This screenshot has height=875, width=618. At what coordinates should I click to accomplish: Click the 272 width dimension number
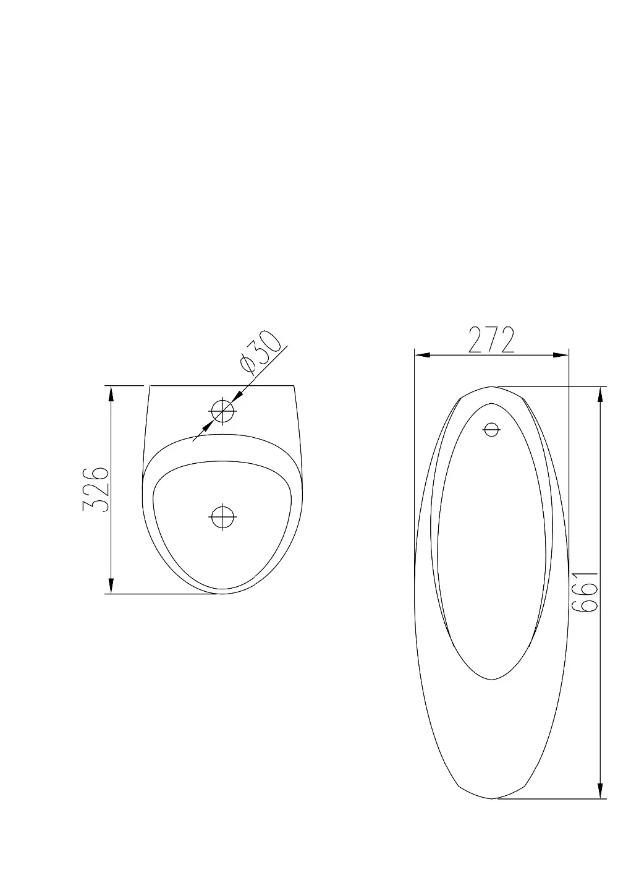tap(491, 340)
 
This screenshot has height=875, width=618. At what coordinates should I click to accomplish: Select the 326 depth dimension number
tap(95, 490)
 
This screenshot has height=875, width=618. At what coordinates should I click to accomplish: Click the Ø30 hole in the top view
tap(222, 411)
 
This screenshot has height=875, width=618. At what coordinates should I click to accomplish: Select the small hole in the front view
tap(491, 429)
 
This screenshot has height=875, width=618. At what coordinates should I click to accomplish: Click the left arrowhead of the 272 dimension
tap(423, 355)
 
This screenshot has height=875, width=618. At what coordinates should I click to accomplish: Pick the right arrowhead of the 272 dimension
tap(561, 355)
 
